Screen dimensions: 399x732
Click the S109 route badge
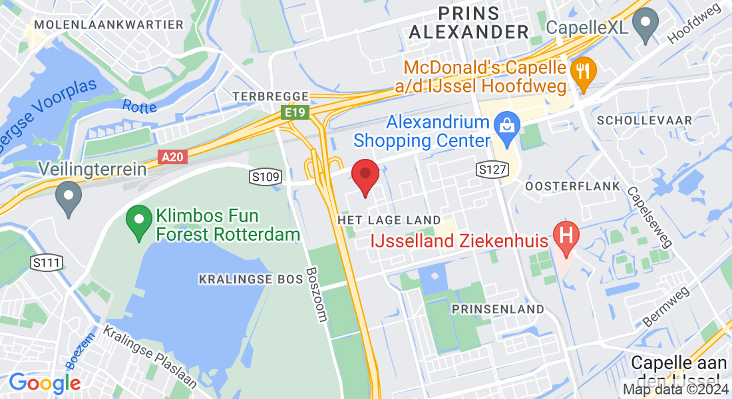(x=266, y=176)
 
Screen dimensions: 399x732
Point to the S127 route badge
(x=493, y=170)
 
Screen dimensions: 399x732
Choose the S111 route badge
(x=47, y=263)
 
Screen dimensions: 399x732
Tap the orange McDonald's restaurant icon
(x=584, y=70)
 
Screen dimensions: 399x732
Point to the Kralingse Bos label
(x=246, y=280)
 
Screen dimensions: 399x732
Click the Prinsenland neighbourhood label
(x=498, y=309)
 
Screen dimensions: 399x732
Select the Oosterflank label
(x=572, y=186)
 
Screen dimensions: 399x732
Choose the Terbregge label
(x=271, y=96)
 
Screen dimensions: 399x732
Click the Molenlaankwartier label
(x=108, y=25)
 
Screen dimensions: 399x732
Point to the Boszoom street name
(x=317, y=295)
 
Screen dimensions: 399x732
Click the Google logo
(x=45, y=383)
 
